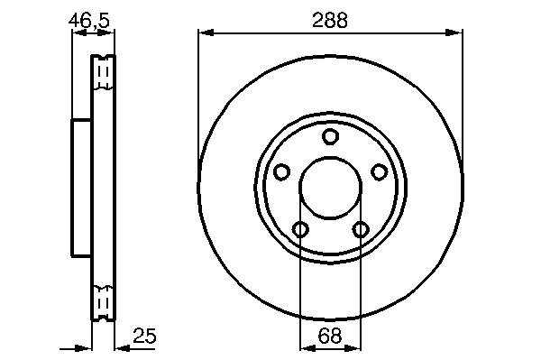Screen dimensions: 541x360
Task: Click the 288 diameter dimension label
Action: pyautogui.click(x=330, y=21)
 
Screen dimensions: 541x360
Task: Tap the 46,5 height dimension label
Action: pyautogui.click(x=89, y=21)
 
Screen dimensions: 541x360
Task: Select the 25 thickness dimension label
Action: pyautogui.click(x=144, y=336)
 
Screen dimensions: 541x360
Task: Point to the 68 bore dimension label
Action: pyautogui.click(x=330, y=336)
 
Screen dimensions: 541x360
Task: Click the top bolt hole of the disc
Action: pyautogui.click(x=330, y=136)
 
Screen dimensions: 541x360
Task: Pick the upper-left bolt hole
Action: pyautogui.click(x=281, y=171)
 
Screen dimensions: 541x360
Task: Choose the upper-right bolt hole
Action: pyautogui.click(x=380, y=171)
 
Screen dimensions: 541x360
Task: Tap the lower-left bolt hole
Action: pyautogui.click(x=300, y=229)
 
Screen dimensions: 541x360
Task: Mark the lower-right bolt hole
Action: pyautogui.click(x=361, y=229)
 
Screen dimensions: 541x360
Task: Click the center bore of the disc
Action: pyautogui.click(x=330, y=188)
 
